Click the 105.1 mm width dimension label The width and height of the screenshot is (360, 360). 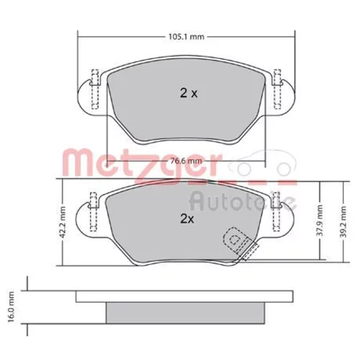(x=186, y=37)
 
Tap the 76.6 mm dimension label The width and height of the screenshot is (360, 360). (x=186, y=161)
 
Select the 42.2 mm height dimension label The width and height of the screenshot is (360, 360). (x=63, y=222)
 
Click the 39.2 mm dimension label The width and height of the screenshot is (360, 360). (x=343, y=222)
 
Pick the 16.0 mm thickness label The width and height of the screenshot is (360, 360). (x=11, y=307)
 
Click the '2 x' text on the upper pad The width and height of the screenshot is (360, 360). (x=189, y=94)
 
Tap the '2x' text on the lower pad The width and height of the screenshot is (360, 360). (x=187, y=219)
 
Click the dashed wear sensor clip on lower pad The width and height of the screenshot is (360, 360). (x=240, y=243)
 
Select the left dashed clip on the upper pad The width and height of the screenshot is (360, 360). (x=95, y=89)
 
